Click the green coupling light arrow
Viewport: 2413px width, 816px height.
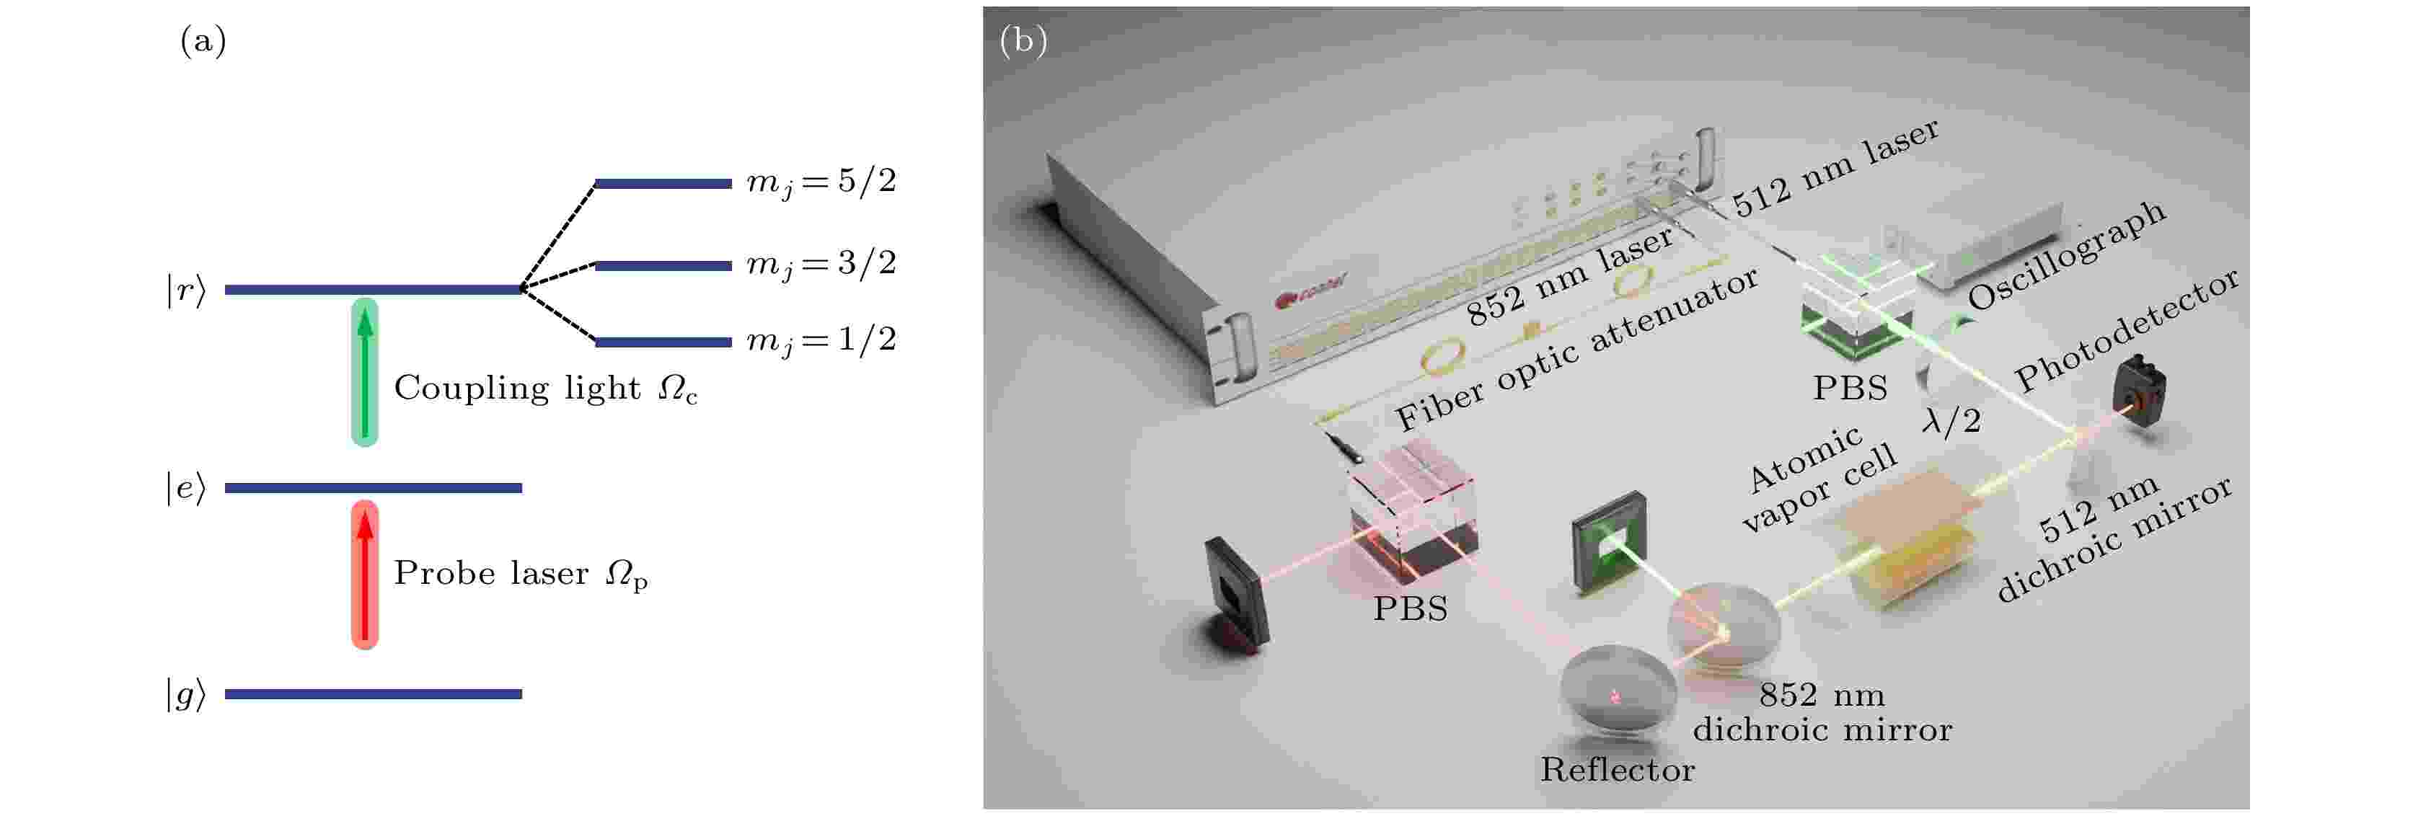coord(364,372)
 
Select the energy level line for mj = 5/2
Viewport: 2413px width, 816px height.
coord(662,184)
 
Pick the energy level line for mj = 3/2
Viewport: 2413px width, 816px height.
coord(662,266)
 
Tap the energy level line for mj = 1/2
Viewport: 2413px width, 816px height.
coord(662,342)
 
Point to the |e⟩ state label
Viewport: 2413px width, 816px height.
coord(185,488)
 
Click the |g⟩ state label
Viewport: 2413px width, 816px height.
coord(185,694)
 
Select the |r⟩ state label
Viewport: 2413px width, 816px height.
coord(185,291)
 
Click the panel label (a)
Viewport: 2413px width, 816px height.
coord(203,41)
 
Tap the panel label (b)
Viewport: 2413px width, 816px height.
coord(1023,41)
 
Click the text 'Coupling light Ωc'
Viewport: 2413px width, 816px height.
coord(545,388)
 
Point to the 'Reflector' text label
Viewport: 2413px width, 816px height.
coord(1617,770)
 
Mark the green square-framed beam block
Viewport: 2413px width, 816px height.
coord(1610,541)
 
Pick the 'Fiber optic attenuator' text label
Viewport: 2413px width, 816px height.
coord(1576,347)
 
